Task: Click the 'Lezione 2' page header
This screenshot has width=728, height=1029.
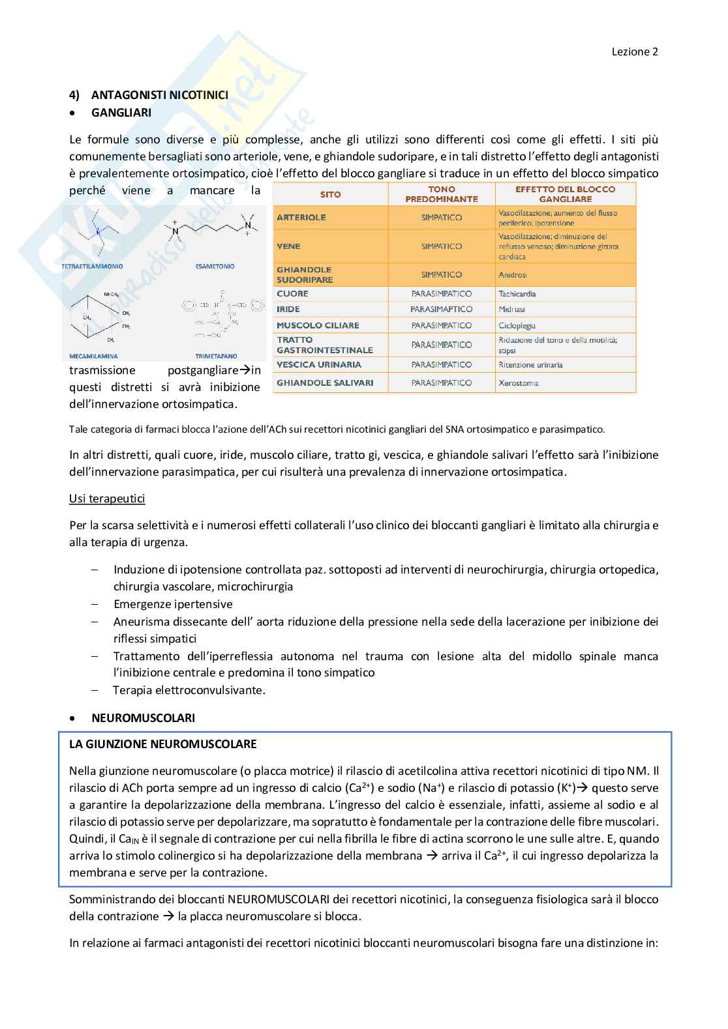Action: [634, 51]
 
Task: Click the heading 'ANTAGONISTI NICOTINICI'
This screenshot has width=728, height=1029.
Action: [159, 95]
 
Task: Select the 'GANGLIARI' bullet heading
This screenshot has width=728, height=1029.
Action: [121, 113]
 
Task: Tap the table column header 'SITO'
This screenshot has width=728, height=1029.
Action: [330, 194]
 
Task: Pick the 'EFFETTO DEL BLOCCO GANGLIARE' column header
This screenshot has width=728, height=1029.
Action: [565, 194]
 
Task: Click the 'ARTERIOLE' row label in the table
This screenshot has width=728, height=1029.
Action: [301, 218]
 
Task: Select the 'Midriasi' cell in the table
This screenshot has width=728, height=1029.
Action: [512, 310]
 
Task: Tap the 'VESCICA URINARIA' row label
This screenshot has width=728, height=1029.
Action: [319, 365]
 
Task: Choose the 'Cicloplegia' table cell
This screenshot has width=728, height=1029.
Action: [517, 325]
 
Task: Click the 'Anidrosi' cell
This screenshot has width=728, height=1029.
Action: [513, 275]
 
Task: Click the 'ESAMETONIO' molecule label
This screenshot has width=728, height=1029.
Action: [215, 267]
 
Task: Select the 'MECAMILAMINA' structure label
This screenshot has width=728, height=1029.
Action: [93, 356]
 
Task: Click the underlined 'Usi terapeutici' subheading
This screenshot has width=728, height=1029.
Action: [107, 499]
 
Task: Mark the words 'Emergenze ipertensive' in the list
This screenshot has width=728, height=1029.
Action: [173, 604]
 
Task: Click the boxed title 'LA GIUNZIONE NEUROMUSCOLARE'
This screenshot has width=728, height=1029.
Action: [163, 744]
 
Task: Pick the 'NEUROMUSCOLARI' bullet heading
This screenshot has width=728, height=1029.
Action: [143, 718]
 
